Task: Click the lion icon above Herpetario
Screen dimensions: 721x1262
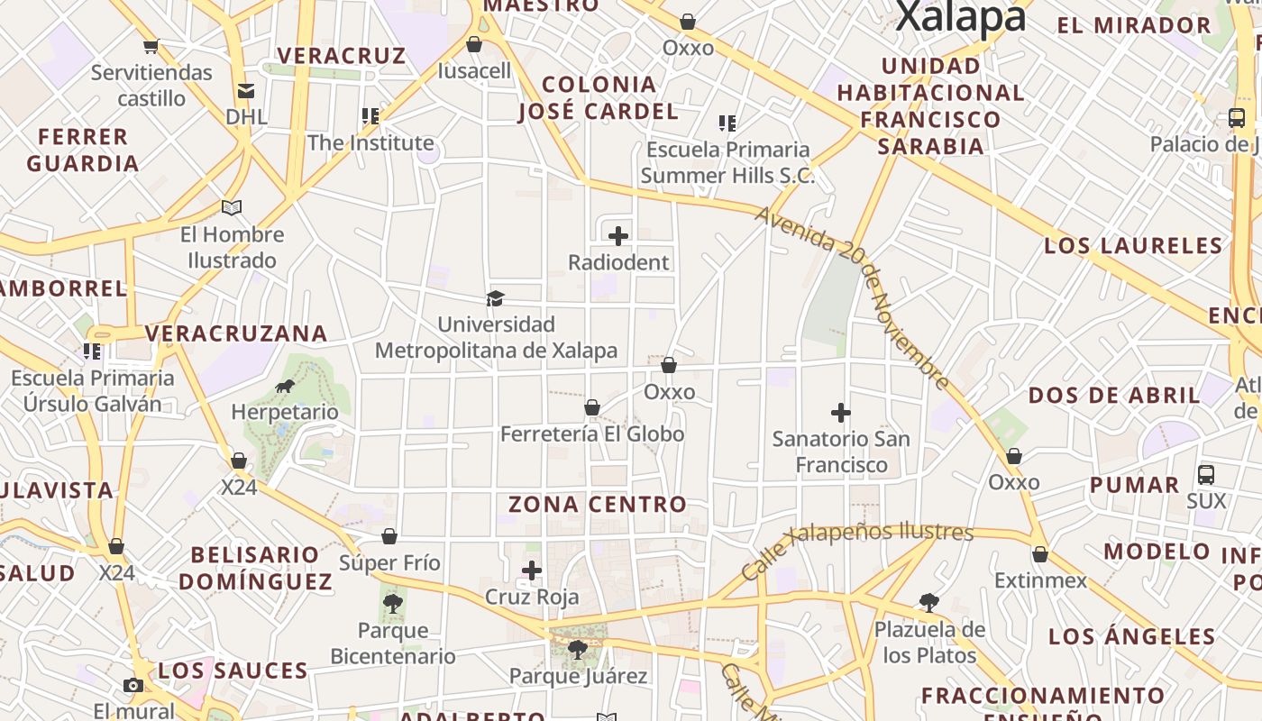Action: point(285,387)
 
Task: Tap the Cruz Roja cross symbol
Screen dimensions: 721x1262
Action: point(532,570)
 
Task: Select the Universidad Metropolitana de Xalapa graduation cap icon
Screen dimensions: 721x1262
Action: point(495,298)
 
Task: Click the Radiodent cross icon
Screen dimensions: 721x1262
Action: point(618,236)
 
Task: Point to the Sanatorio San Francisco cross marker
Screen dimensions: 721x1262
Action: point(841,413)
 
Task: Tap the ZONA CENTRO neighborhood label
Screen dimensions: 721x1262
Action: point(597,504)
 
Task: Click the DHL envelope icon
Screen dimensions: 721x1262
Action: point(245,91)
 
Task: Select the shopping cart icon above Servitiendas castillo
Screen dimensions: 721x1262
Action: point(151,46)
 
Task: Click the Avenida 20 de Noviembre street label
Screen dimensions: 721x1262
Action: point(852,298)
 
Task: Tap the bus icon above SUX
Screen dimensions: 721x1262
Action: point(1206,475)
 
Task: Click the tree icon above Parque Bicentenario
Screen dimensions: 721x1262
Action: point(392,604)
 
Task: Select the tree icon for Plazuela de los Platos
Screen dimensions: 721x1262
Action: point(929,602)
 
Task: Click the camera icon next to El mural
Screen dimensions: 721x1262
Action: point(133,685)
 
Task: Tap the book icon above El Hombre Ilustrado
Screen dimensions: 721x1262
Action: point(232,208)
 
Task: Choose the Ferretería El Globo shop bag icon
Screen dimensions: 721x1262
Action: point(592,408)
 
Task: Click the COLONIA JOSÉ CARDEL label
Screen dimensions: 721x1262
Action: point(599,98)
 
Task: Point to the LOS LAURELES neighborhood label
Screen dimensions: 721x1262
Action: point(1133,245)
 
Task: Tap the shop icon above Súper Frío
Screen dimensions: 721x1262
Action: point(389,537)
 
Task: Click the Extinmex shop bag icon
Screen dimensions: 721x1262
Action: point(1040,554)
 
